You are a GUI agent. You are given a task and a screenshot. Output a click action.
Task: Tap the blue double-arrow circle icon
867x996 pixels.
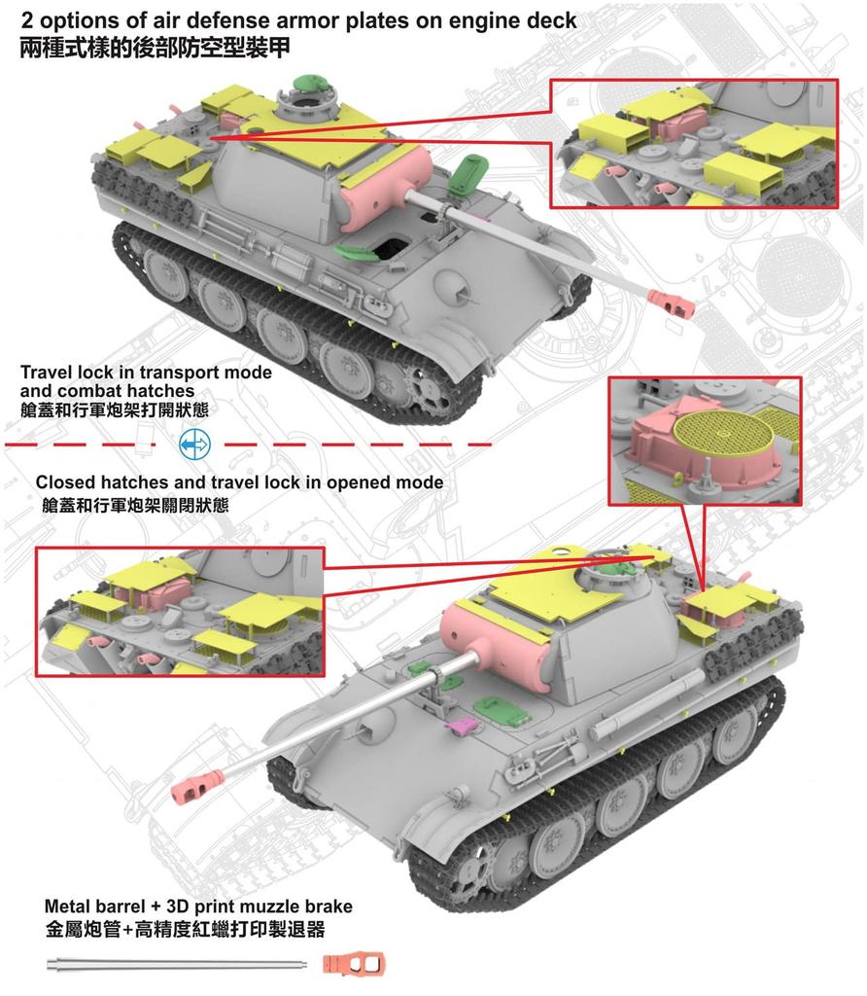194,444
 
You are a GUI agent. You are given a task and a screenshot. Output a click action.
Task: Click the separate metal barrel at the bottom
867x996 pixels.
175,965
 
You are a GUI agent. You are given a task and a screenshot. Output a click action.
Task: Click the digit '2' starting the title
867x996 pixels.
25,20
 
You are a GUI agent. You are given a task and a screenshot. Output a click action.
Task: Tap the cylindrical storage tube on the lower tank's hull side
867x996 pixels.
651,706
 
